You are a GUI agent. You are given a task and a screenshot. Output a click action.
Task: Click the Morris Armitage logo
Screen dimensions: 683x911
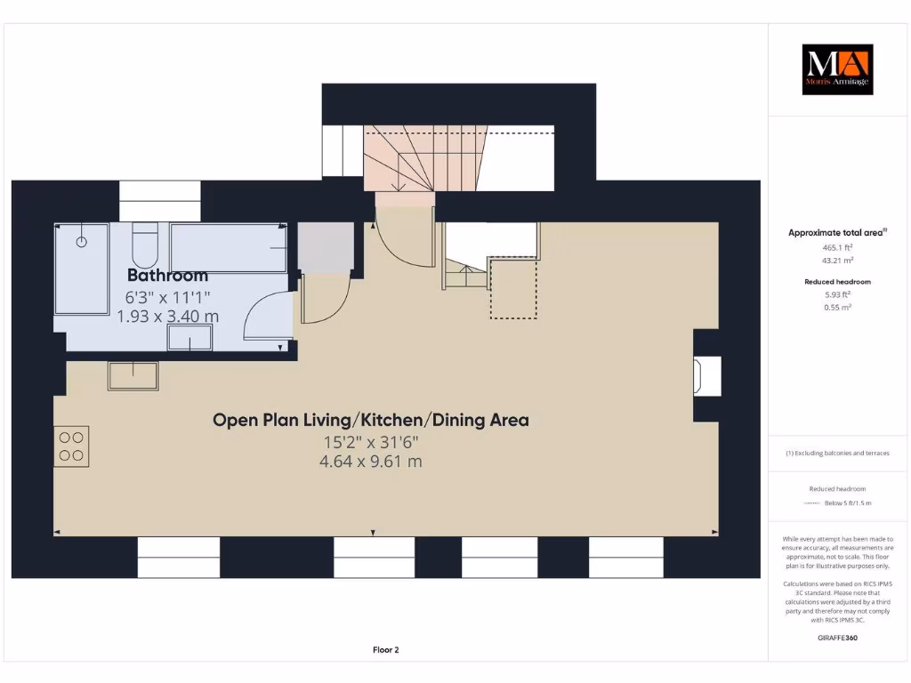(837, 69)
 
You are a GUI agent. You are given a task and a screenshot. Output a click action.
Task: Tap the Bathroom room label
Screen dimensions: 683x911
(167, 275)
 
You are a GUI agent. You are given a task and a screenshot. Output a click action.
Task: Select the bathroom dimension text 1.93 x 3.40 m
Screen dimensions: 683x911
(167, 316)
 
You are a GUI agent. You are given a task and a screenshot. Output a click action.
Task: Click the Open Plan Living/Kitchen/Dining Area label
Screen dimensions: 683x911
(370, 420)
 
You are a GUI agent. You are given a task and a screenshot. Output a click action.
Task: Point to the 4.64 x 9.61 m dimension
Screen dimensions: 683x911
(370, 461)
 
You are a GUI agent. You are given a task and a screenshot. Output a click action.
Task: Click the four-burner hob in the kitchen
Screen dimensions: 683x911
(71, 446)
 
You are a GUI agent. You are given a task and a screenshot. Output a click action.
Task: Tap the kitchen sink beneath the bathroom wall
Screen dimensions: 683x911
(133, 376)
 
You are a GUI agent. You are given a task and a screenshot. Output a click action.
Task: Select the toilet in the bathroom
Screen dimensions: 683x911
(145, 241)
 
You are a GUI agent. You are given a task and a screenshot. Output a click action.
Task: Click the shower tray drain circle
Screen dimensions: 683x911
(82, 241)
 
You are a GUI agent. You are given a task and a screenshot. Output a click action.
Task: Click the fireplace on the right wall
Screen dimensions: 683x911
(708, 376)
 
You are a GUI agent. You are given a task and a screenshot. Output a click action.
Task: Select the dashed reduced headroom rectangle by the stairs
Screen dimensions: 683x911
(513, 287)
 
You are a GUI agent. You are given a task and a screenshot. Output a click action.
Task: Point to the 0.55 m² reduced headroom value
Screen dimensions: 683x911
(835, 306)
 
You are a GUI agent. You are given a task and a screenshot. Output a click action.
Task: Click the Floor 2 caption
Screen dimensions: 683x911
(385, 650)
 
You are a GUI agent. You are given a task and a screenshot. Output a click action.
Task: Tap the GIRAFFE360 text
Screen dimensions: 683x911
(836, 638)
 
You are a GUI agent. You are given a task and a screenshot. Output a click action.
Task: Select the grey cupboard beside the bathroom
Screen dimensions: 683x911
(324, 245)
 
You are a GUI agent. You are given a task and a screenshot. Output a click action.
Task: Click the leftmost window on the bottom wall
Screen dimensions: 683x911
(178, 557)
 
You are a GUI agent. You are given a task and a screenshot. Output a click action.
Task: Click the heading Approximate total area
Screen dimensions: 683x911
(835, 233)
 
